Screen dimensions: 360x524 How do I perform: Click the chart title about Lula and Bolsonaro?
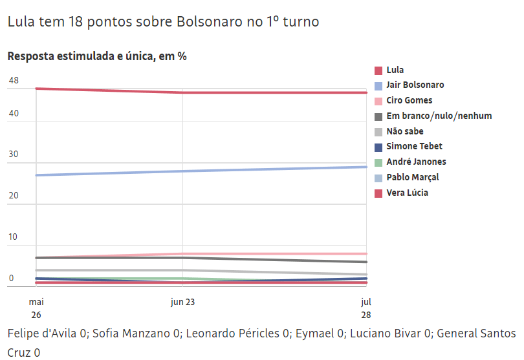coord(163,21)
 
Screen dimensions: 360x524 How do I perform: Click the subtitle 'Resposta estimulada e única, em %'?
coord(97,56)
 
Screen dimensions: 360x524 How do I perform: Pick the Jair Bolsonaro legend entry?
coord(415,85)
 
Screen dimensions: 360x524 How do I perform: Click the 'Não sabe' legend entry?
coord(404,131)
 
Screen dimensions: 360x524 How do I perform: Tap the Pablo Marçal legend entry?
coord(412,177)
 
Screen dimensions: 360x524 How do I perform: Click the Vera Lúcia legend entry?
coord(407,193)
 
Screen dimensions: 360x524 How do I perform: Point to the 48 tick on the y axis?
coord(14,81)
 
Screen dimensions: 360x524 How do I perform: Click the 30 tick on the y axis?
coord(14,155)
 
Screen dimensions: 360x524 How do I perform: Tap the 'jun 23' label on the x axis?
coord(183,302)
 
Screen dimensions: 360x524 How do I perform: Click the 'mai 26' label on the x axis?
coord(36,308)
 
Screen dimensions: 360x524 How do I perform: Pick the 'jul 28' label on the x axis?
coord(366,308)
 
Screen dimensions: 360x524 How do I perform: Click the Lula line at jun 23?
coord(183,92)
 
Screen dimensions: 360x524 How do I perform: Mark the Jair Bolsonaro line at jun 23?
coord(183,171)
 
